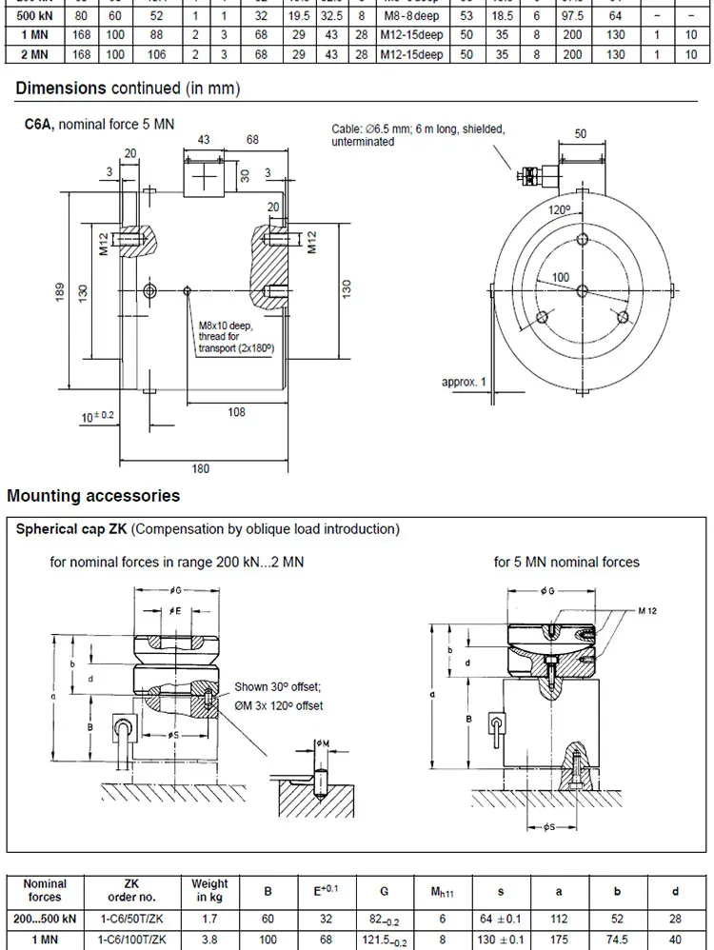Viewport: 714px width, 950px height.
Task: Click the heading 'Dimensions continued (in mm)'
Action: coord(128,89)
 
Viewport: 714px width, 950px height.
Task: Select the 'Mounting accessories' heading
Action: coord(93,496)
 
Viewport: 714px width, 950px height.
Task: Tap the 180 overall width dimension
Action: coord(202,469)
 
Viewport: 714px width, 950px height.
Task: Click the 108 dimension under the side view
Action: coord(236,412)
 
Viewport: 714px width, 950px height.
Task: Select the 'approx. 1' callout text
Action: coord(464,382)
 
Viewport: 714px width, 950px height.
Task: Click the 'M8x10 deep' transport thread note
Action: coord(224,326)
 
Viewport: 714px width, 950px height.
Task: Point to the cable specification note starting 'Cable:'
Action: coord(417,135)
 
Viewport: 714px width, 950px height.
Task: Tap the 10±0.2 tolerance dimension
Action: coord(97,417)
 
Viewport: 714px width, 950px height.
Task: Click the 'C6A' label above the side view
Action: coord(40,123)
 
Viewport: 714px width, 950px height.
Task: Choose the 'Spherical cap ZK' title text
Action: coord(72,529)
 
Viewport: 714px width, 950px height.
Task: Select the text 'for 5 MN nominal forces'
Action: coord(566,562)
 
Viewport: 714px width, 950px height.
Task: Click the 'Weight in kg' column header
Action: coord(209,891)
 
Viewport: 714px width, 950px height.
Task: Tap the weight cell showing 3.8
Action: coord(209,940)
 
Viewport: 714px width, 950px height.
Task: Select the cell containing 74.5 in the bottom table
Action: coord(617,940)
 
